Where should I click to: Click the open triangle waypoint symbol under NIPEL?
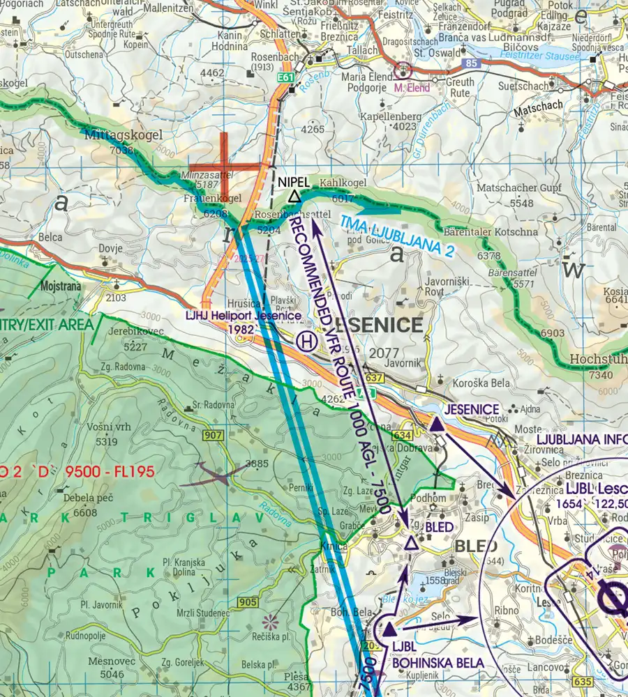(x=294, y=198)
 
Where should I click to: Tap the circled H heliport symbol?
(x=305, y=341)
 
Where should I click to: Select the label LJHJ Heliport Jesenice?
(x=244, y=316)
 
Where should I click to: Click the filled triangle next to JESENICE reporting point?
(x=436, y=424)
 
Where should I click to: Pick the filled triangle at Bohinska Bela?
(x=389, y=631)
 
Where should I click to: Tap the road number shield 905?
(x=247, y=602)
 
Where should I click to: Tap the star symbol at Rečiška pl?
(x=269, y=619)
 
